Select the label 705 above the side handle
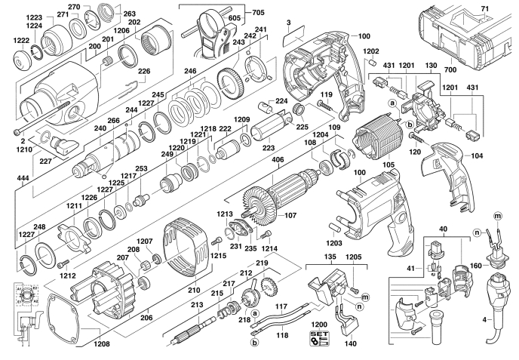pyautogui.click(x=259, y=12)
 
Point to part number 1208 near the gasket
pyautogui.click(x=102, y=344)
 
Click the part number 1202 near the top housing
pyautogui.click(x=371, y=51)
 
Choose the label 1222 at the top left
pyautogui.click(x=20, y=41)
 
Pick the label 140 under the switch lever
pyautogui.click(x=351, y=343)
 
